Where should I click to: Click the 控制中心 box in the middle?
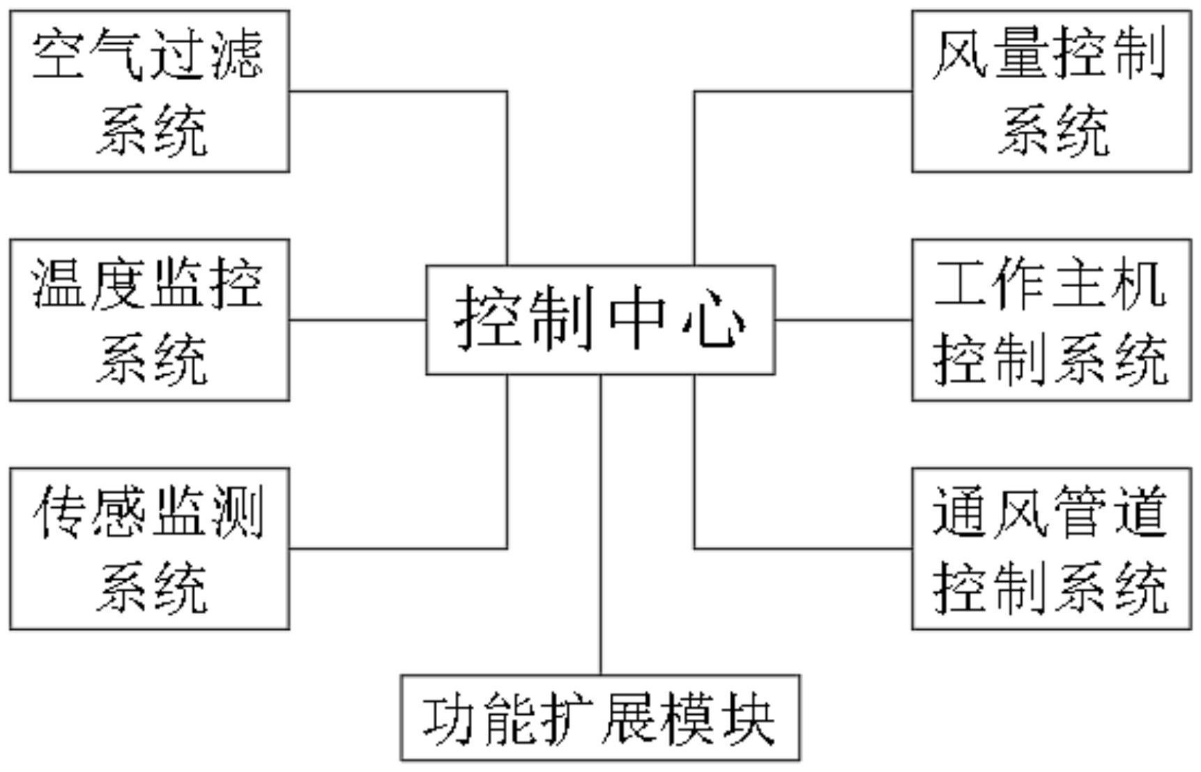click(600, 320)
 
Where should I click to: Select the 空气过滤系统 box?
click(149, 91)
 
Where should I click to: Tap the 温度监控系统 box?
click(149, 320)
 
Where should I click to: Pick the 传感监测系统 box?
click(149, 549)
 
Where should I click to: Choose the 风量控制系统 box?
click(1051, 91)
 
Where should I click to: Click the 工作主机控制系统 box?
click(1051, 320)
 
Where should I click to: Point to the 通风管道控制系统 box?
click(1051, 549)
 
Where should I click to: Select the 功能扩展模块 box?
click(600, 718)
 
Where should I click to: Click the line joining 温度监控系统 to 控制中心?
click(358, 321)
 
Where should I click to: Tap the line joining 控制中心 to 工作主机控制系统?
click(843, 321)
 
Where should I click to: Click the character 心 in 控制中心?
click(714, 321)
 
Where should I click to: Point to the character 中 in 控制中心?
click(636, 321)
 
